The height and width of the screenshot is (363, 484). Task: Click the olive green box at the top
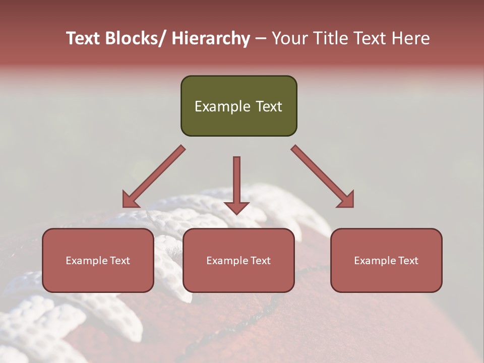tap(238, 106)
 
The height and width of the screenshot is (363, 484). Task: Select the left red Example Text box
tap(98, 260)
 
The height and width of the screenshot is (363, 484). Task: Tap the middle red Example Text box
tap(238, 260)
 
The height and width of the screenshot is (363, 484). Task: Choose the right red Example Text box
tap(386, 260)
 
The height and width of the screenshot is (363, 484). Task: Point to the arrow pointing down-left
tap(154, 176)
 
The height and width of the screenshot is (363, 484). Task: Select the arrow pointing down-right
tap(323, 176)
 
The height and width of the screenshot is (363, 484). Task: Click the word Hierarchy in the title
tap(211, 39)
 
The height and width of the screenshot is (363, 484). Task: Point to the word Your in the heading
tap(289, 39)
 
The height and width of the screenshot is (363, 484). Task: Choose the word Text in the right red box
tap(408, 261)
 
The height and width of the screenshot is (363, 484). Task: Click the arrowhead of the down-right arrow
tap(347, 201)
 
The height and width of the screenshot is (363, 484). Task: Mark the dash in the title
tap(261, 39)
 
